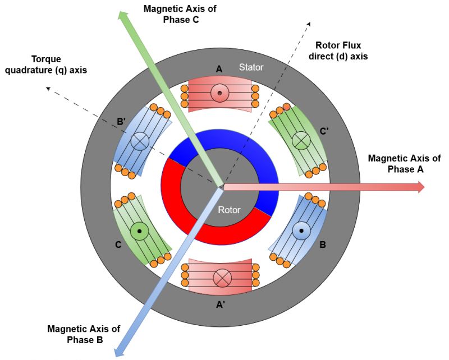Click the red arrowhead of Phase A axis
420,187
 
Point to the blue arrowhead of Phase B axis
118,350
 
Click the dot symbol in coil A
220,93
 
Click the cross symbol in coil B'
139,142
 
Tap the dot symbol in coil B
302,230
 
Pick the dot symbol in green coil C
139,230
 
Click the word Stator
251,68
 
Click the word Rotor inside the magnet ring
229,210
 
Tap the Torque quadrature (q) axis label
54,64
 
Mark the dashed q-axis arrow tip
49,87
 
